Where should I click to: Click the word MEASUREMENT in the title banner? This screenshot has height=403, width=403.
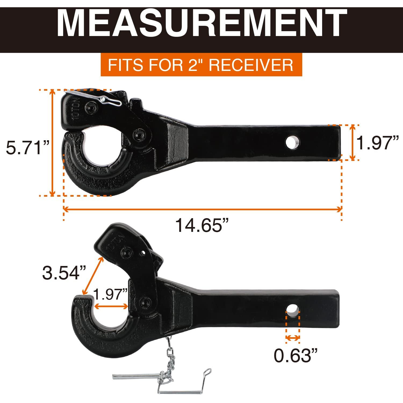201,24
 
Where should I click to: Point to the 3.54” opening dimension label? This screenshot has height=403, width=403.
64,273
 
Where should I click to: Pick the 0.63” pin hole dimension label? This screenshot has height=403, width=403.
296,356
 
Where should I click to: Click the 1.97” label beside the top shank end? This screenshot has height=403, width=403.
377,143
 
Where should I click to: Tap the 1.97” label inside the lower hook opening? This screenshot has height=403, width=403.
110,294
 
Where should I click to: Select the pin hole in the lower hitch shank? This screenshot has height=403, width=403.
293,311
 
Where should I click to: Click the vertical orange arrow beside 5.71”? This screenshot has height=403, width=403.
53,143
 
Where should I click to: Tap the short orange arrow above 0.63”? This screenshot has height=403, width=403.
293,338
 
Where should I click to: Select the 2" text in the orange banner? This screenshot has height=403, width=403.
193,65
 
